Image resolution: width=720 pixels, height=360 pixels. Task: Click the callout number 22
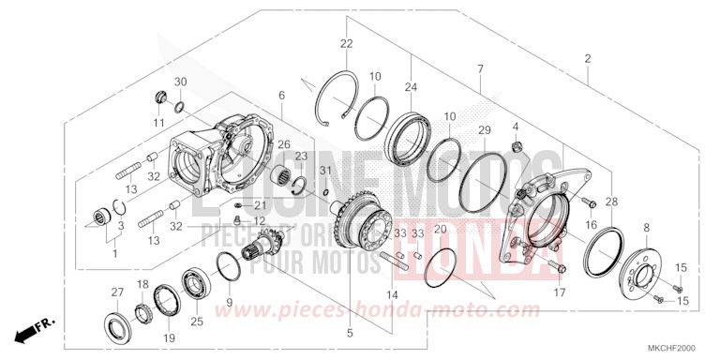(346, 45)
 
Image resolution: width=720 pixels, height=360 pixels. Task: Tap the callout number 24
(410, 87)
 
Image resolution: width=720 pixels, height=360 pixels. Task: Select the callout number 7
(480, 69)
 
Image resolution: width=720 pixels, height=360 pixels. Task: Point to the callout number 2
(588, 59)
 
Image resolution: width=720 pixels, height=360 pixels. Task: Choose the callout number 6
(280, 96)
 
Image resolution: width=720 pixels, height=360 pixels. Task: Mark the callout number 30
(181, 82)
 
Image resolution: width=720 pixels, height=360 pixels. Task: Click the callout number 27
(117, 292)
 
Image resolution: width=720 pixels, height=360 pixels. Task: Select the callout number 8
(644, 229)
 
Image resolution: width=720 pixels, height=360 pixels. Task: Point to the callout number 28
(612, 202)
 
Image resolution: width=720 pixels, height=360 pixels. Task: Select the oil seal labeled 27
(119, 321)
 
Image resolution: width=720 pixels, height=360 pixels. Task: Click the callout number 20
(440, 229)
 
